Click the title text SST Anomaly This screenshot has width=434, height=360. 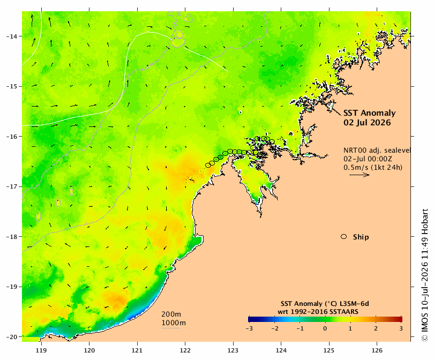pyautogui.click(x=370, y=113)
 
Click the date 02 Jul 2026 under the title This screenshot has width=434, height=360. pyautogui.click(x=367, y=123)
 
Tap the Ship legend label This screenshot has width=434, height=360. pyautogui.click(x=361, y=237)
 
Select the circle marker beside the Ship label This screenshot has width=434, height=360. pyautogui.click(x=344, y=237)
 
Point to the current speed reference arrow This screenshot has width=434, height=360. pyautogui.click(x=360, y=175)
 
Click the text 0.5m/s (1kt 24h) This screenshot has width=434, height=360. pyautogui.click(x=373, y=167)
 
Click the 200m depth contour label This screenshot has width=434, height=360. pyautogui.click(x=171, y=314)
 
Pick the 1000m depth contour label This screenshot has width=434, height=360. pyautogui.click(x=174, y=323)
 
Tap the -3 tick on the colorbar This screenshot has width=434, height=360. pyautogui.click(x=249, y=329)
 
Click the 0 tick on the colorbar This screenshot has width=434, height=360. pyautogui.click(x=325, y=329)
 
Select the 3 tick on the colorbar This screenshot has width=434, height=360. pyautogui.click(x=401, y=329)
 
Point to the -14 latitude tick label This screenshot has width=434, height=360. pyautogui.click(x=11, y=36)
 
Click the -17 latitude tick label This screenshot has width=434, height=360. pyautogui.click(x=11, y=186)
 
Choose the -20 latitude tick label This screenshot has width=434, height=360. pyautogui.click(x=11, y=337)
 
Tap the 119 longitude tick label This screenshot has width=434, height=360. pyautogui.click(x=41, y=350)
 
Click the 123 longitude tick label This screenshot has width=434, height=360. pyautogui.click(x=233, y=350)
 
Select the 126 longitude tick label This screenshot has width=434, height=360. pyautogui.click(x=377, y=350)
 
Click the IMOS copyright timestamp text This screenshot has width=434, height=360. pyautogui.click(x=425, y=275)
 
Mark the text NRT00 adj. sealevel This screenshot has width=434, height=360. pyautogui.click(x=377, y=151)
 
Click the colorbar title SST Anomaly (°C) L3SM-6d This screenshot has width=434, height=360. pyautogui.click(x=325, y=304)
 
